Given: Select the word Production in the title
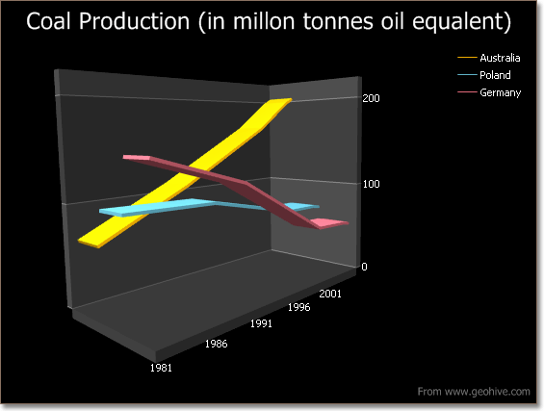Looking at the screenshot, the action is coord(134,21).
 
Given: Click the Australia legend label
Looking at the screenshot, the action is coord(500,58).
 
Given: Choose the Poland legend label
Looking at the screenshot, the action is coord(495,75).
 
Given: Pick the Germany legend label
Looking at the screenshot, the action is coord(501,93).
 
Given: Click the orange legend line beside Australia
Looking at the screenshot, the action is coord(467,57).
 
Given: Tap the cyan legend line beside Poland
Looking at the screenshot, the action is coord(467,74).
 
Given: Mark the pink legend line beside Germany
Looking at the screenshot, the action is coord(467,91).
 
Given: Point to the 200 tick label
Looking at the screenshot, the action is coord(371,98).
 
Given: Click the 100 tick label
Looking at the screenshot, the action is coord(371,184).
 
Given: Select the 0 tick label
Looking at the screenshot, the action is coord(364,267).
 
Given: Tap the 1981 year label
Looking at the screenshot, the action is coord(161,368).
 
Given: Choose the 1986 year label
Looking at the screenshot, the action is coord(216,344).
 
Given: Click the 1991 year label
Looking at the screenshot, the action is coord(261,323).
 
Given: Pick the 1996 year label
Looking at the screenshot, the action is coord(299,307).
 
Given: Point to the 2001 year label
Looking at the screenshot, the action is coord(330,294).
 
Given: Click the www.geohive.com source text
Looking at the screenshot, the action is coord(487,392).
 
